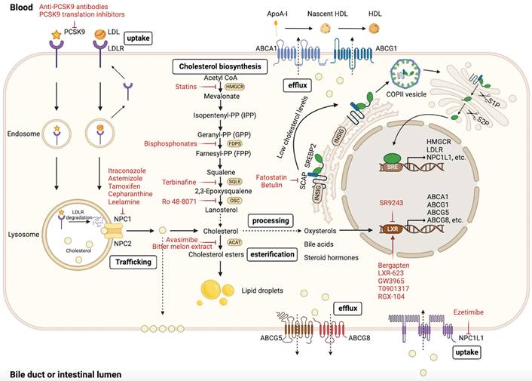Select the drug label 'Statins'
(x=185, y=87)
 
